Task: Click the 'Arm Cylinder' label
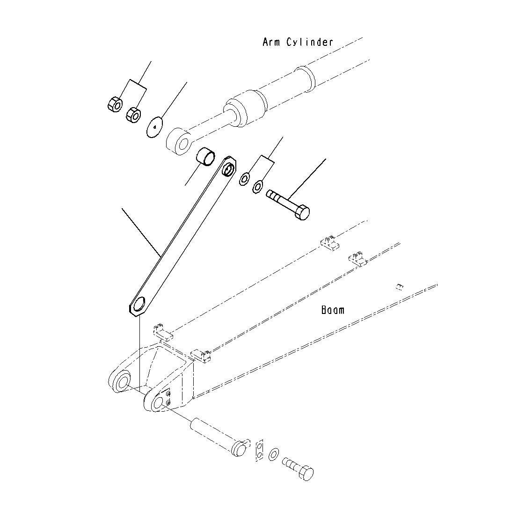[298, 42]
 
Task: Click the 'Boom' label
[333, 310]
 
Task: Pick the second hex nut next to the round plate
[134, 114]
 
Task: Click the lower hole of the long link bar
[139, 306]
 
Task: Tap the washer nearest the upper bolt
[257, 188]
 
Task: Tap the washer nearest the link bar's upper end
[244, 179]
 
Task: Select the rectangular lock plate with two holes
[260, 450]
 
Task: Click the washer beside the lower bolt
[274, 453]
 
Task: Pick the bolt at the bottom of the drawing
[299, 469]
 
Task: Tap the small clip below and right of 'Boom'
[399, 287]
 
